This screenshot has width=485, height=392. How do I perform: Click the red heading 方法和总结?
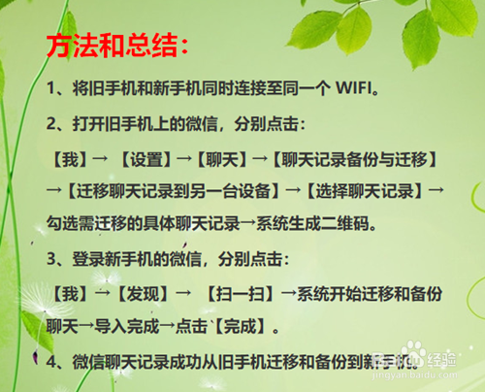[x=119, y=45]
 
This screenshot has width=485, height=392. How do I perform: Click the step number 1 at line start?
[x=51, y=90]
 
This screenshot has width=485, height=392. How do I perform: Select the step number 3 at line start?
[x=51, y=258]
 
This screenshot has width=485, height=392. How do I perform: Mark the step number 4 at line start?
[x=51, y=361]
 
